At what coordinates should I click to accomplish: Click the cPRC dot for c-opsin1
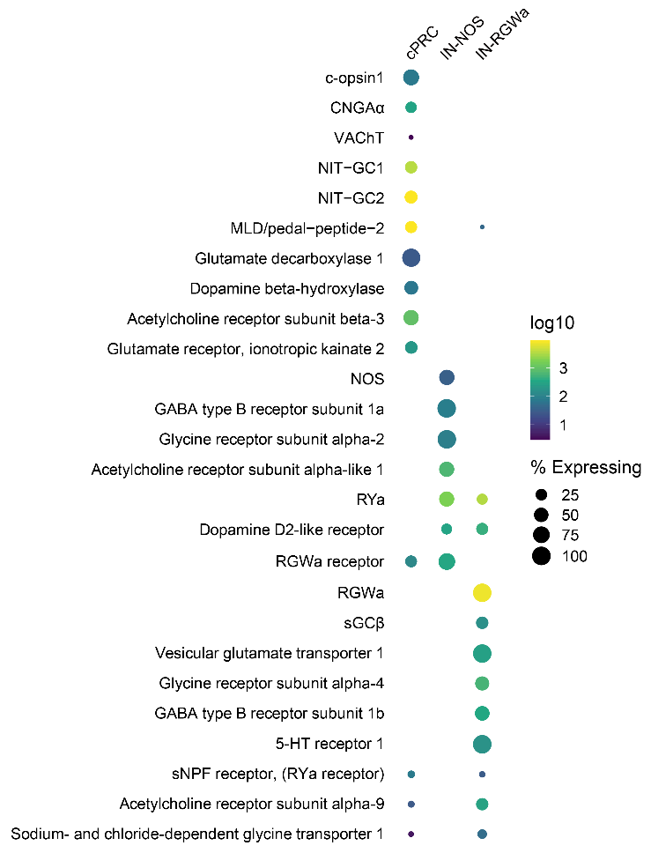point(411,78)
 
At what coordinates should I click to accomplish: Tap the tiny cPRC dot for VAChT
point(411,138)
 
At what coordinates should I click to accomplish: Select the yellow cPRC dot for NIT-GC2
point(411,197)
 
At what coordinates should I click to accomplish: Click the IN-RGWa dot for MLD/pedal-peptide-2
point(482,227)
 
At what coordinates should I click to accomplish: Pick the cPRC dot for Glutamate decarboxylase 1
point(411,258)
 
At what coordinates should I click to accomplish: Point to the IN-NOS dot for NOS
point(447,378)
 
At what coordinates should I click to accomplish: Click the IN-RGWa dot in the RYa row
point(482,499)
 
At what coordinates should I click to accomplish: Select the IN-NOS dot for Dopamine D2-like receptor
point(447,529)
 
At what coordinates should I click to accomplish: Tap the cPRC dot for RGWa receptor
point(411,561)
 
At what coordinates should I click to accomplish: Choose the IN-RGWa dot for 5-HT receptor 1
point(482,745)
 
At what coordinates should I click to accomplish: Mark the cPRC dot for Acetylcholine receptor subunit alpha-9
point(411,805)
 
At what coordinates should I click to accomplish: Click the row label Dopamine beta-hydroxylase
point(287,289)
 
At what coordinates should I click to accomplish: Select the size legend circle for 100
point(541,555)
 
